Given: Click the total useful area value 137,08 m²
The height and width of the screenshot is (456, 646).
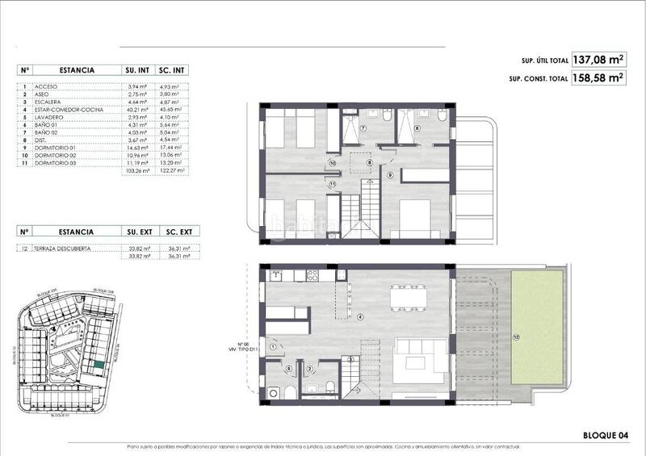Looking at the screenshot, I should pyautogui.click(x=598, y=59).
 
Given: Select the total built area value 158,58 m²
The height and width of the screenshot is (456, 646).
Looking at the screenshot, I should pyautogui.click(x=598, y=78).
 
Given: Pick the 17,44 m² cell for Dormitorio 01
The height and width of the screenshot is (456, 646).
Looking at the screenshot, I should pyautogui.click(x=171, y=148).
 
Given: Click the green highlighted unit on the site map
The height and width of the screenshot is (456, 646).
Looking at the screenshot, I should pyautogui.click(x=98, y=365).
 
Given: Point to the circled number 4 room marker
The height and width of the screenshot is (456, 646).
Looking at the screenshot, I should pyautogui.click(x=361, y=316).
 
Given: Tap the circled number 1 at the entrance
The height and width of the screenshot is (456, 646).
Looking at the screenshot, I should pyautogui.click(x=275, y=346).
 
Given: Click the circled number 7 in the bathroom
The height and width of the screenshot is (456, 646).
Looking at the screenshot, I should pyautogui.click(x=363, y=128).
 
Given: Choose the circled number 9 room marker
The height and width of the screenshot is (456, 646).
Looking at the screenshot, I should pyautogui.click(x=389, y=174).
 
